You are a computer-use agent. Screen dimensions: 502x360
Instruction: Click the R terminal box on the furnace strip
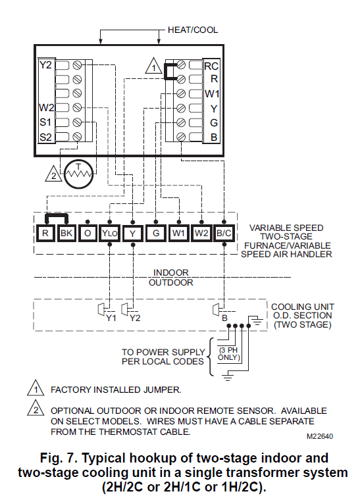[x=45, y=232]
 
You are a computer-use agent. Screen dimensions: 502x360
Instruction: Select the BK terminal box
[x=67, y=232]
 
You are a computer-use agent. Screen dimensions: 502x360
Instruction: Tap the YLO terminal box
[x=110, y=232]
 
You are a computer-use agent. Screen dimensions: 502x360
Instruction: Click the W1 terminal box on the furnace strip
[x=178, y=232]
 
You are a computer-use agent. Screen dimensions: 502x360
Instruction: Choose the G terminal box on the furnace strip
[x=155, y=232]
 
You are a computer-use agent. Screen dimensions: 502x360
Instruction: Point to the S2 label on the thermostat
[x=45, y=137]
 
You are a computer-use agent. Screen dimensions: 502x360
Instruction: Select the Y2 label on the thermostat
[x=45, y=65]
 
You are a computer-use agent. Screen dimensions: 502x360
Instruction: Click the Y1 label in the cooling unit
[x=111, y=318]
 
